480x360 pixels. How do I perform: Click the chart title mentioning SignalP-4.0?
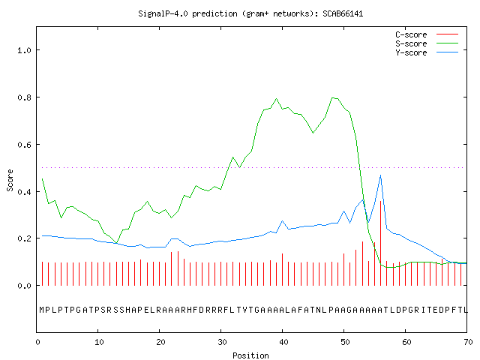[x=250, y=13]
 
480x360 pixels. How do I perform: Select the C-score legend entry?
[x=427, y=34]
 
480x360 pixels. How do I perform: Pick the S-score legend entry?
[x=427, y=43]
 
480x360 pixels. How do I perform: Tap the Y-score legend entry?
[x=427, y=52]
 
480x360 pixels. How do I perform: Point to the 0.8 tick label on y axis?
[x=24, y=97]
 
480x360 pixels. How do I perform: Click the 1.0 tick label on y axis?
[x=24, y=50]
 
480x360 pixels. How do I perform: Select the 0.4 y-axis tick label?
[x=24, y=192]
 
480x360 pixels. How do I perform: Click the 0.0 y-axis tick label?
[x=24, y=286]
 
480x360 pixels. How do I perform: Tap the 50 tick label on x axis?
[x=345, y=342]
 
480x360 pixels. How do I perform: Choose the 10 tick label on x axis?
[x=99, y=342]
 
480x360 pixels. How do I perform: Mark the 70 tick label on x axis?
[x=468, y=342]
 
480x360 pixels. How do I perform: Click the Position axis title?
[x=250, y=355]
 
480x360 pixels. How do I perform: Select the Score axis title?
[x=10, y=180]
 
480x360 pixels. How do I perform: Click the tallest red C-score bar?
[x=380, y=243]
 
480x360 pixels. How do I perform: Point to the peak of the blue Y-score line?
[x=380, y=175]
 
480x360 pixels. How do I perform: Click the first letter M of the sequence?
[x=42, y=310]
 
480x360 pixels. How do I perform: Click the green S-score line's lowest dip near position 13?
[x=117, y=243]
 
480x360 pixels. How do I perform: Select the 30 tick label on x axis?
[x=222, y=342]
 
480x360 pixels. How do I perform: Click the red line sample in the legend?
[x=447, y=34]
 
